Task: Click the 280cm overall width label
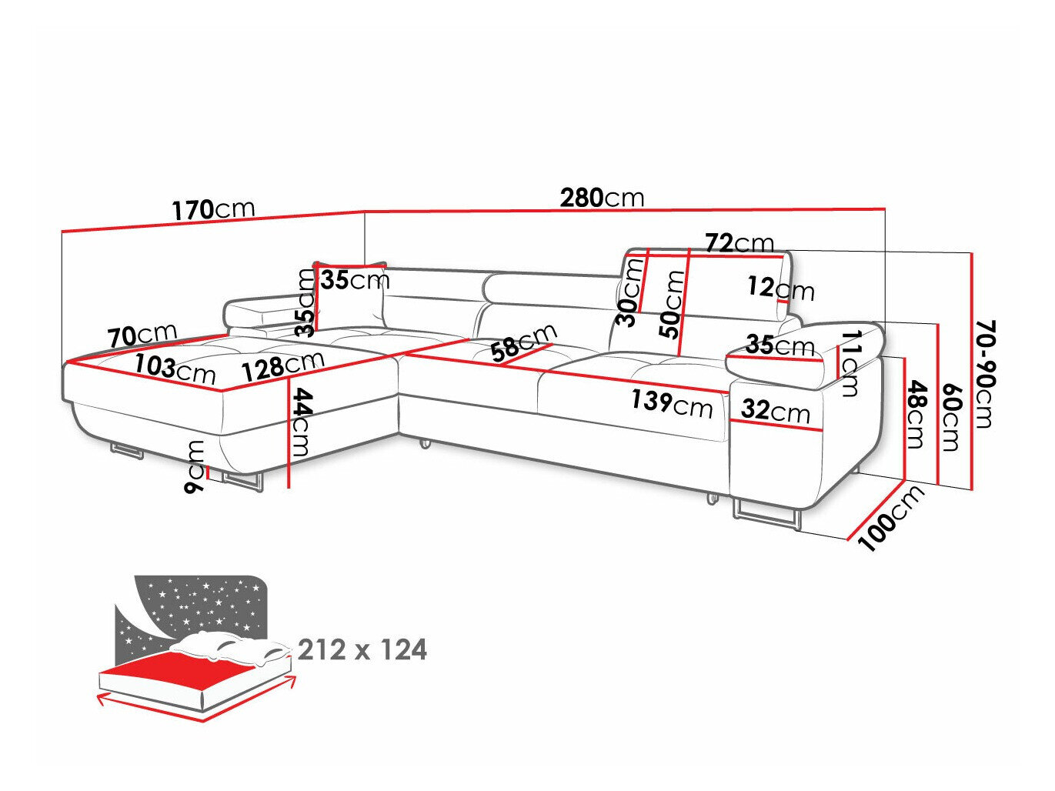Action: (x=602, y=198)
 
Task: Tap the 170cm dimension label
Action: (x=212, y=209)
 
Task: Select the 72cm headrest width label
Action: (x=740, y=243)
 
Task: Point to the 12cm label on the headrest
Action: (x=780, y=289)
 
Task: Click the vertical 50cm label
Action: (x=675, y=304)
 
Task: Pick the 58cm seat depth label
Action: (x=523, y=342)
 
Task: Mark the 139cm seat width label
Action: (x=672, y=402)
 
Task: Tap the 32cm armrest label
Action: (x=776, y=411)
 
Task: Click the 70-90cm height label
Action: (x=984, y=373)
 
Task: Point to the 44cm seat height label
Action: (x=302, y=422)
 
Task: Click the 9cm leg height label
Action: (x=195, y=466)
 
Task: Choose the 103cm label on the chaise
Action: (x=175, y=369)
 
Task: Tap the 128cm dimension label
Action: (x=282, y=365)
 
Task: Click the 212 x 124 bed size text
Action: (x=362, y=650)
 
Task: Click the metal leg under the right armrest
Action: (x=766, y=514)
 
